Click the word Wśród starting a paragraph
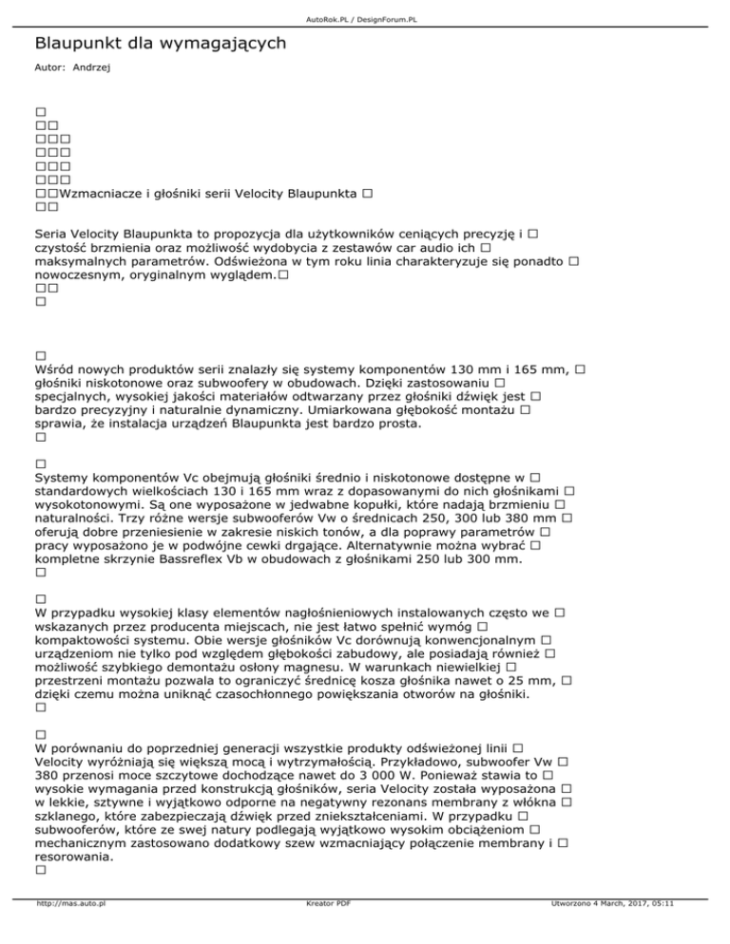point(53,368)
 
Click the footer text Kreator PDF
point(324,932)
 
